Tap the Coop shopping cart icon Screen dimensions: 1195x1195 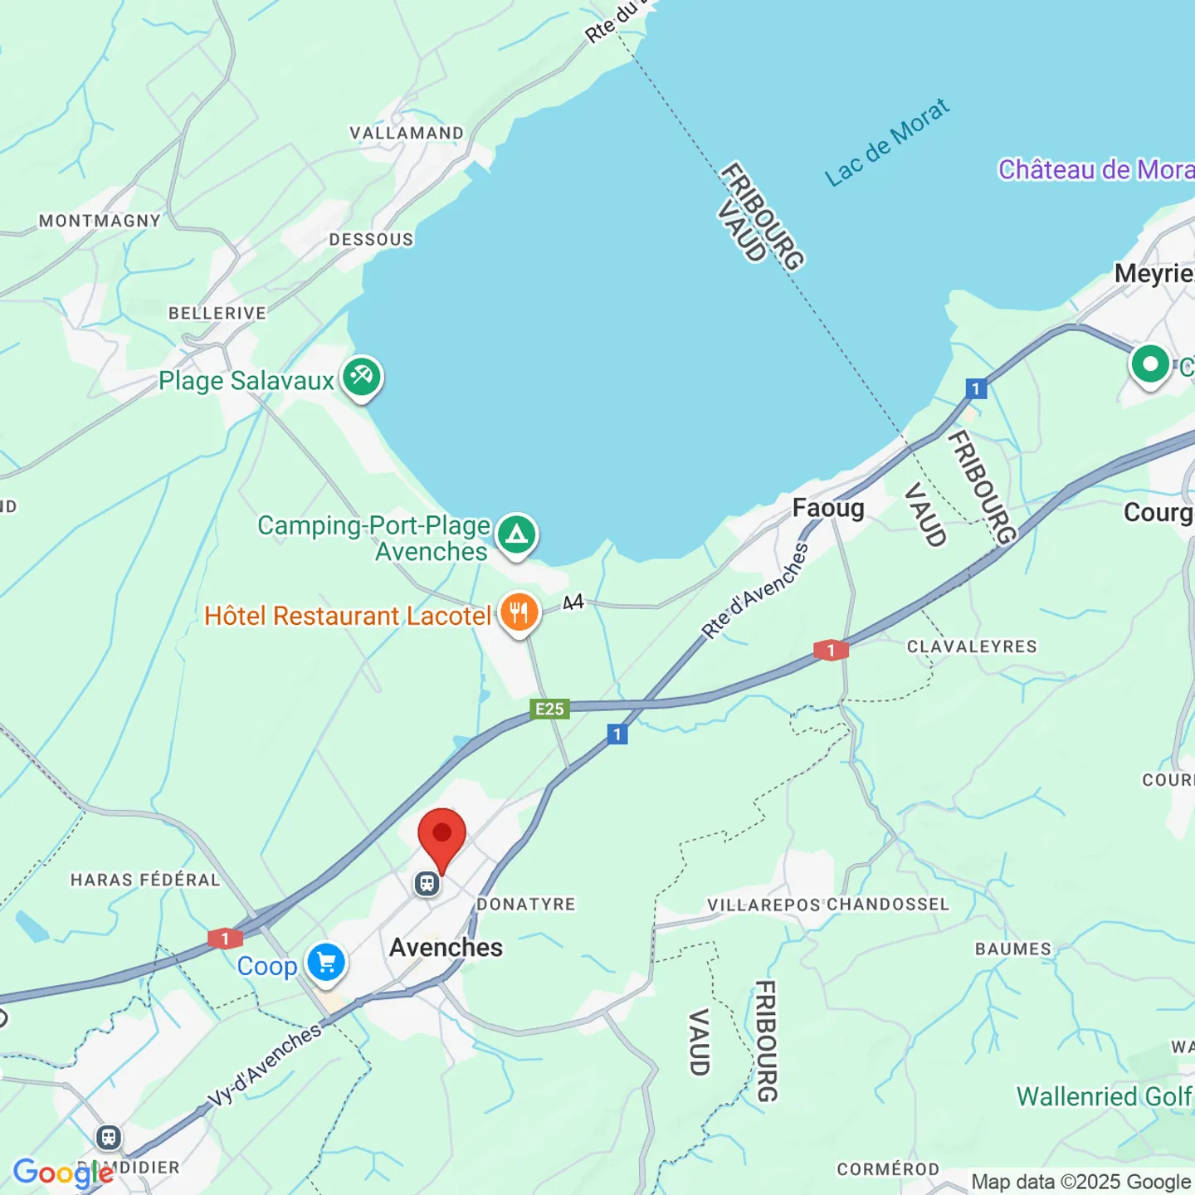[x=326, y=963]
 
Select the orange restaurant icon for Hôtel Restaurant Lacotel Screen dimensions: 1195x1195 [x=519, y=613]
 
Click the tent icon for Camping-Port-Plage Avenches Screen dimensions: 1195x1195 [x=517, y=534]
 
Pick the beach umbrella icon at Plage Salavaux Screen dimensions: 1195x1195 [x=362, y=378]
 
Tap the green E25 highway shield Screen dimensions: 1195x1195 [x=549, y=709]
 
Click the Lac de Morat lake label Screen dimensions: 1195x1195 [x=886, y=143]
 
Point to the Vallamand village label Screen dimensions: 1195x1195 [x=407, y=134]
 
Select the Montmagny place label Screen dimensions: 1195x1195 [x=100, y=221]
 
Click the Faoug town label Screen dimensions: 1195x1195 [x=828, y=508]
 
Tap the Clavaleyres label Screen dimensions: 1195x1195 [x=972, y=646]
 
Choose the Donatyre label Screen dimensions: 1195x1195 [x=526, y=904]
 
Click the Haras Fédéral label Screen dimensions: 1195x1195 [x=145, y=880]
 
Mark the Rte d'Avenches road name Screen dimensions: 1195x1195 [x=755, y=590]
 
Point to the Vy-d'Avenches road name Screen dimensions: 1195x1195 [x=264, y=1065]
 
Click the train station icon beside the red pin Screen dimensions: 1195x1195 [x=427, y=884]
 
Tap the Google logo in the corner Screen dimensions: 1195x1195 [x=63, y=1173]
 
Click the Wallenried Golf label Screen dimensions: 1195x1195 [x=1105, y=1096]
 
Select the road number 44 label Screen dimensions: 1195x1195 [x=573, y=602]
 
